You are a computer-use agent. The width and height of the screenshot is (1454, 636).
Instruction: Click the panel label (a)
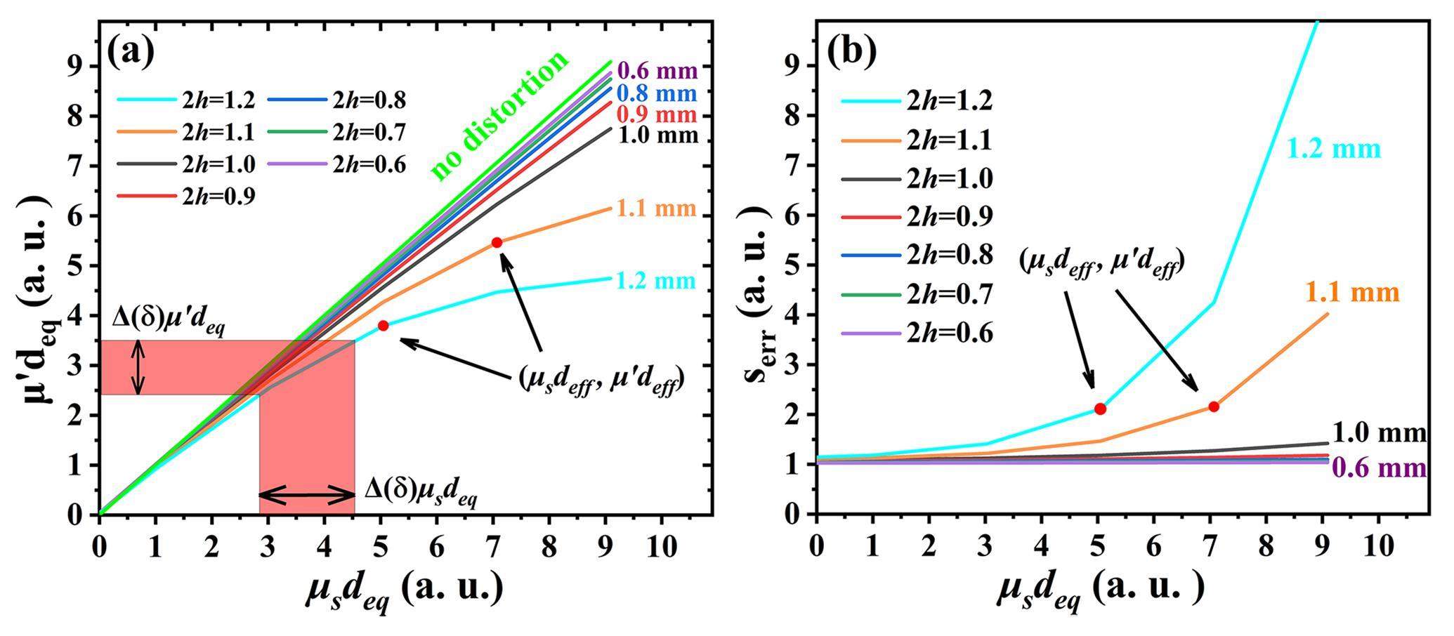coord(131,51)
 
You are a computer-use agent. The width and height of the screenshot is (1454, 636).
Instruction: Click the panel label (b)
coord(851,51)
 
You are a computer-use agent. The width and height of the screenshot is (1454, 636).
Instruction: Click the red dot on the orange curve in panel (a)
coord(497,242)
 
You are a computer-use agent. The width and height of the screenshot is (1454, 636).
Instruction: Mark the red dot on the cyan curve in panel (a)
coord(383,326)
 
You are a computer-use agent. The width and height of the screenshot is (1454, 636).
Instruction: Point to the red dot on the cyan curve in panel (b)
coord(1100,409)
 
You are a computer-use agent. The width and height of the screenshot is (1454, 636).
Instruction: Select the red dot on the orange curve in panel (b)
coord(1214,406)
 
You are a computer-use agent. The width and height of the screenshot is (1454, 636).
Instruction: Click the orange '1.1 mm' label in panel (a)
coord(656,208)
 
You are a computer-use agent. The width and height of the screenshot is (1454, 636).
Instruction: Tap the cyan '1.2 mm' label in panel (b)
coord(1334,149)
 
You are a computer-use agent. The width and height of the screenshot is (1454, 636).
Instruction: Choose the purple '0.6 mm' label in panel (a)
coord(657,71)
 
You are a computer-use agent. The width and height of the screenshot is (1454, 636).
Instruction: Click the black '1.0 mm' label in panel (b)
coord(1379,433)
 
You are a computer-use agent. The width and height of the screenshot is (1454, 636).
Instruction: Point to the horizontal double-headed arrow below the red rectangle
coord(307,496)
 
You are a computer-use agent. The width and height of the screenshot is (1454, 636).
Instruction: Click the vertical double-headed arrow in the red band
coord(139,367)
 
